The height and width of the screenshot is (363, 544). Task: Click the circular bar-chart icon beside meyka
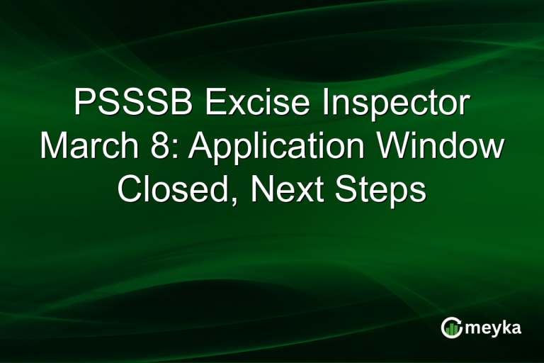pyautogui.click(x=451, y=327)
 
